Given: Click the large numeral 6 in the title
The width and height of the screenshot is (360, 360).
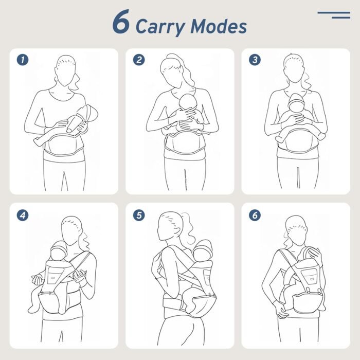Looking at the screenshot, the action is (x=121, y=22).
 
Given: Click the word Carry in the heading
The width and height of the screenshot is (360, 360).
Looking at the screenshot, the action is (x=160, y=27).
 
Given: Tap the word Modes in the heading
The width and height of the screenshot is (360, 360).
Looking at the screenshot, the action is (x=219, y=26).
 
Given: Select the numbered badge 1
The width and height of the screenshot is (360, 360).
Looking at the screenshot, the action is (x=23, y=60).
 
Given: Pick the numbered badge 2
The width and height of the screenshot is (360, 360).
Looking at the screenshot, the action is (x=139, y=60).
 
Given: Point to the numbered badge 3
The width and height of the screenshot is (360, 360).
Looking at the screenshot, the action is (x=255, y=60).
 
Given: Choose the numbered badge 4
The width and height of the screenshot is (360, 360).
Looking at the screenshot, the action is (x=23, y=215).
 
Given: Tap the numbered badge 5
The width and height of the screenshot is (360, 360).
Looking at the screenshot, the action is (x=139, y=215).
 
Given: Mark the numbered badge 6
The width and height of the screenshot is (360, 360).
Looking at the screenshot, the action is (x=255, y=215).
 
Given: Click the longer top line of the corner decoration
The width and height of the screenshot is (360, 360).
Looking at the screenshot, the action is (x=334, y=13).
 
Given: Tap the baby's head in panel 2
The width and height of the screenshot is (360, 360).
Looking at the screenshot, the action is (x=188, y=102).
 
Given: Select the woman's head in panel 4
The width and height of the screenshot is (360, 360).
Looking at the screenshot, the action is (x=71, y=230).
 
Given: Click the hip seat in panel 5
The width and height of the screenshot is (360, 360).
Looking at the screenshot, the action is (x=200, y=300).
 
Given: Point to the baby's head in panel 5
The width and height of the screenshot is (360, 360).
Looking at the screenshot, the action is (x=203, y=251).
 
